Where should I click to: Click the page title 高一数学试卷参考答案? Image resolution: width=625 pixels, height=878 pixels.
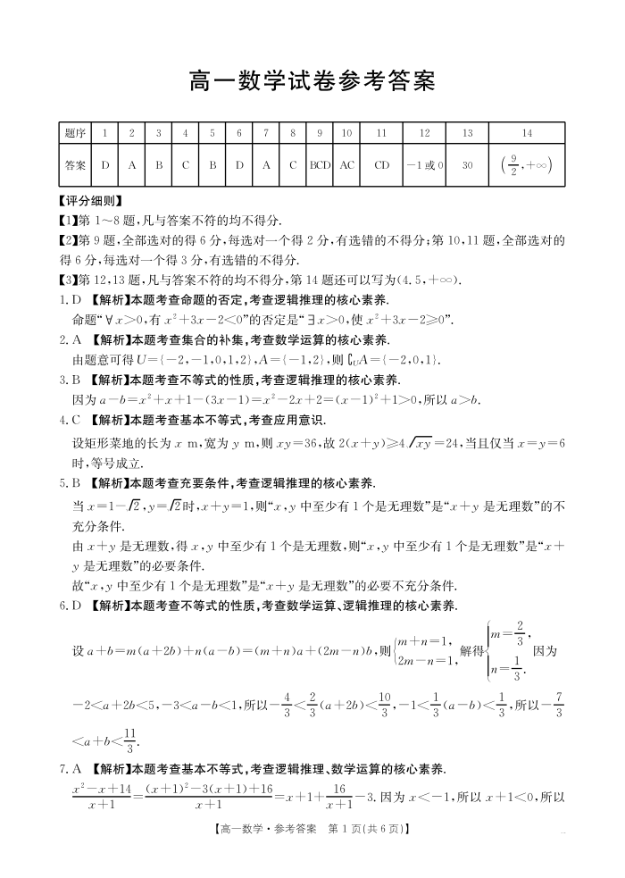click(312, 82)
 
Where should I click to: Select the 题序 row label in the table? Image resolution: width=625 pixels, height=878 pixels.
click(76, 133)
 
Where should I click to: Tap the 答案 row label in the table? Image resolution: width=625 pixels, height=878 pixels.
click(76, 165)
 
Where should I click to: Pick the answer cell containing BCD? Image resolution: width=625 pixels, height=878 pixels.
click(320, 165)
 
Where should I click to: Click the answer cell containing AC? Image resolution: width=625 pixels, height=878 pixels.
click(347, 165)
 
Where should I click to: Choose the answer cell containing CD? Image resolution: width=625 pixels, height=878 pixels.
click(382, 165)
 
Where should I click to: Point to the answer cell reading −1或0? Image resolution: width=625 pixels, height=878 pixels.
click(424, 165)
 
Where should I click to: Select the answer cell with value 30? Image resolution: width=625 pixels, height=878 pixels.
click(468, 165)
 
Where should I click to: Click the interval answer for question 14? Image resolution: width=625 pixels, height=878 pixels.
click(527, 165)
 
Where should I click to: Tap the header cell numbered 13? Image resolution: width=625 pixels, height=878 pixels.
click(468, 133)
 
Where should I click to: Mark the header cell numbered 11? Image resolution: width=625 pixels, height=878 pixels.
click(382, 133)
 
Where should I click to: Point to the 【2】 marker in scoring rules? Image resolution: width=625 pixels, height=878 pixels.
click(69, 240)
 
